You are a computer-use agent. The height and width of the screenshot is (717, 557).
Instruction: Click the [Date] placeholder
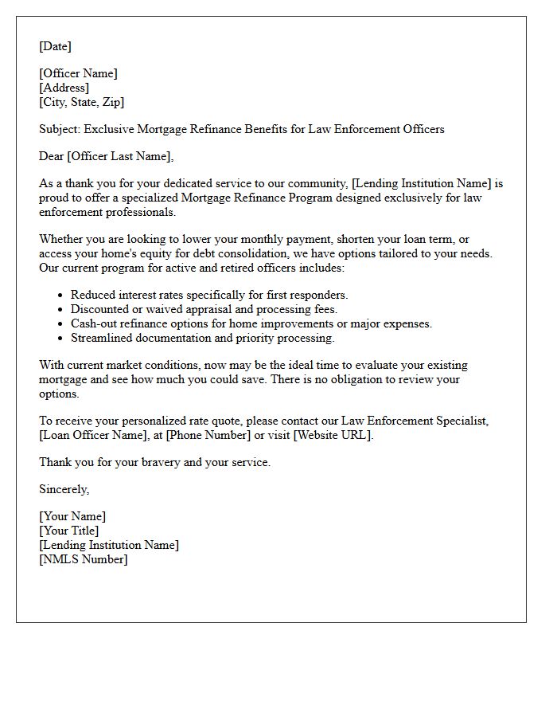[x=55, y=46]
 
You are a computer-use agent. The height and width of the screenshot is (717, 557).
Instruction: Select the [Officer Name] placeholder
[x=78, y=73]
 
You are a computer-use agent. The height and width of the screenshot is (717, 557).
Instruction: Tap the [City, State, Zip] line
[x=81, y=102]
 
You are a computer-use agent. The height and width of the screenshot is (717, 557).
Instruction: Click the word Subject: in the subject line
[x=60, y=129]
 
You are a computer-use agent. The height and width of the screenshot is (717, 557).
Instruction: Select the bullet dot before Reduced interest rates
[x=60, y=296]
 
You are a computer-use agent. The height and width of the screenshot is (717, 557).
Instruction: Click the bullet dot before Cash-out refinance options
[x=60, y=324]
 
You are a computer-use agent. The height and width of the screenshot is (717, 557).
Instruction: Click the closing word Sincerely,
[x=64, y=489]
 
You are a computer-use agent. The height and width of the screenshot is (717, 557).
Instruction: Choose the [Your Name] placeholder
[x=72, y=516]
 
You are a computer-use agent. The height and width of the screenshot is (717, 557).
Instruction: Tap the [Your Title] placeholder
[x=69, y=531]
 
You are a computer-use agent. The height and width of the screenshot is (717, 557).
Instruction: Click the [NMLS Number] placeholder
[x=84, y=559]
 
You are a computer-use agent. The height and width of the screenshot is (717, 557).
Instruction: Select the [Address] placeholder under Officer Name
[x=64, y=88]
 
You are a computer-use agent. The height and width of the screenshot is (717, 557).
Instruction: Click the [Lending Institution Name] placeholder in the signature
[x=109, y=545]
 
